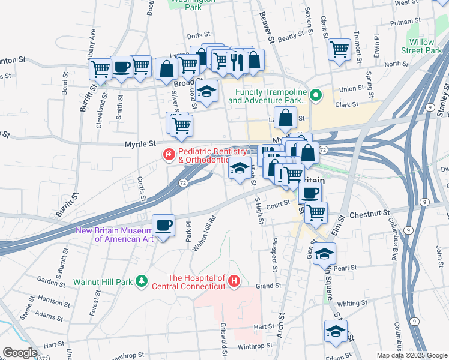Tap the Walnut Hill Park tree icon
click(141, 281)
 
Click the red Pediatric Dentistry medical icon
click(169, 155)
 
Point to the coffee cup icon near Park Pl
click(163, 226)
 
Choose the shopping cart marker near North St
click(339, 49)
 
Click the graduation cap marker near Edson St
click(336, 331)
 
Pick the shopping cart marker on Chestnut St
click(316, 211)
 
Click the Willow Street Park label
click(425, 47)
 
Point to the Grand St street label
click(269, 286)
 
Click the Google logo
click(19, 353)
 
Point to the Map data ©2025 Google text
click(411, 355)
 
